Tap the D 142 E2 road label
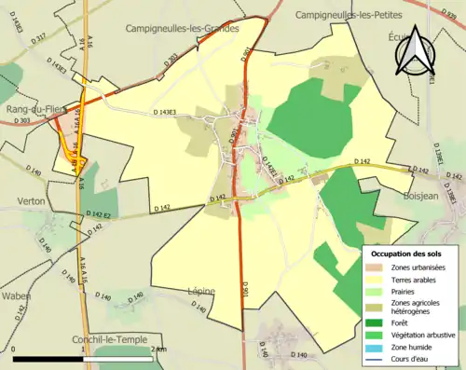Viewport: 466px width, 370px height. pyautogui.click(x=96, y=215)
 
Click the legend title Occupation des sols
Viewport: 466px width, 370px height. pyautogui.click(x=408, y=254)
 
